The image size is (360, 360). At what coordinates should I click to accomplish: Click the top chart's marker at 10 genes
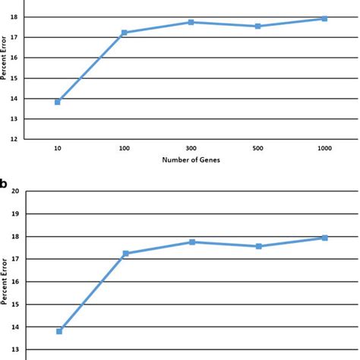click(58, 101)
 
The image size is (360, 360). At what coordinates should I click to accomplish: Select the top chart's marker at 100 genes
click(124, 33)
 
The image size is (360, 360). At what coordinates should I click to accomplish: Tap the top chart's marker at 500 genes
click(257, 26)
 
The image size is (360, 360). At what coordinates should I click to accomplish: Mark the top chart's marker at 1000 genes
click(324, 18)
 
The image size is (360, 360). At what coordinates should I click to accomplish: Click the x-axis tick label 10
click(58, 148)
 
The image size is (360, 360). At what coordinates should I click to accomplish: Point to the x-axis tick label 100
click(124, 148)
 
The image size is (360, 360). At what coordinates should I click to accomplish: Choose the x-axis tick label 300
click(191, 148)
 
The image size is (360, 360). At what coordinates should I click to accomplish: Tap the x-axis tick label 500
click(257, 148)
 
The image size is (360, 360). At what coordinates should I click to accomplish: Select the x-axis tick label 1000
click(324, 148)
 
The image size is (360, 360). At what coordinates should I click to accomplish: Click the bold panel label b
click(5, 183)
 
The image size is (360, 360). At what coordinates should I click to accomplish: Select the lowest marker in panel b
click(59, 331)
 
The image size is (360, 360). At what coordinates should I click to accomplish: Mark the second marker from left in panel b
click(125, 254)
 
